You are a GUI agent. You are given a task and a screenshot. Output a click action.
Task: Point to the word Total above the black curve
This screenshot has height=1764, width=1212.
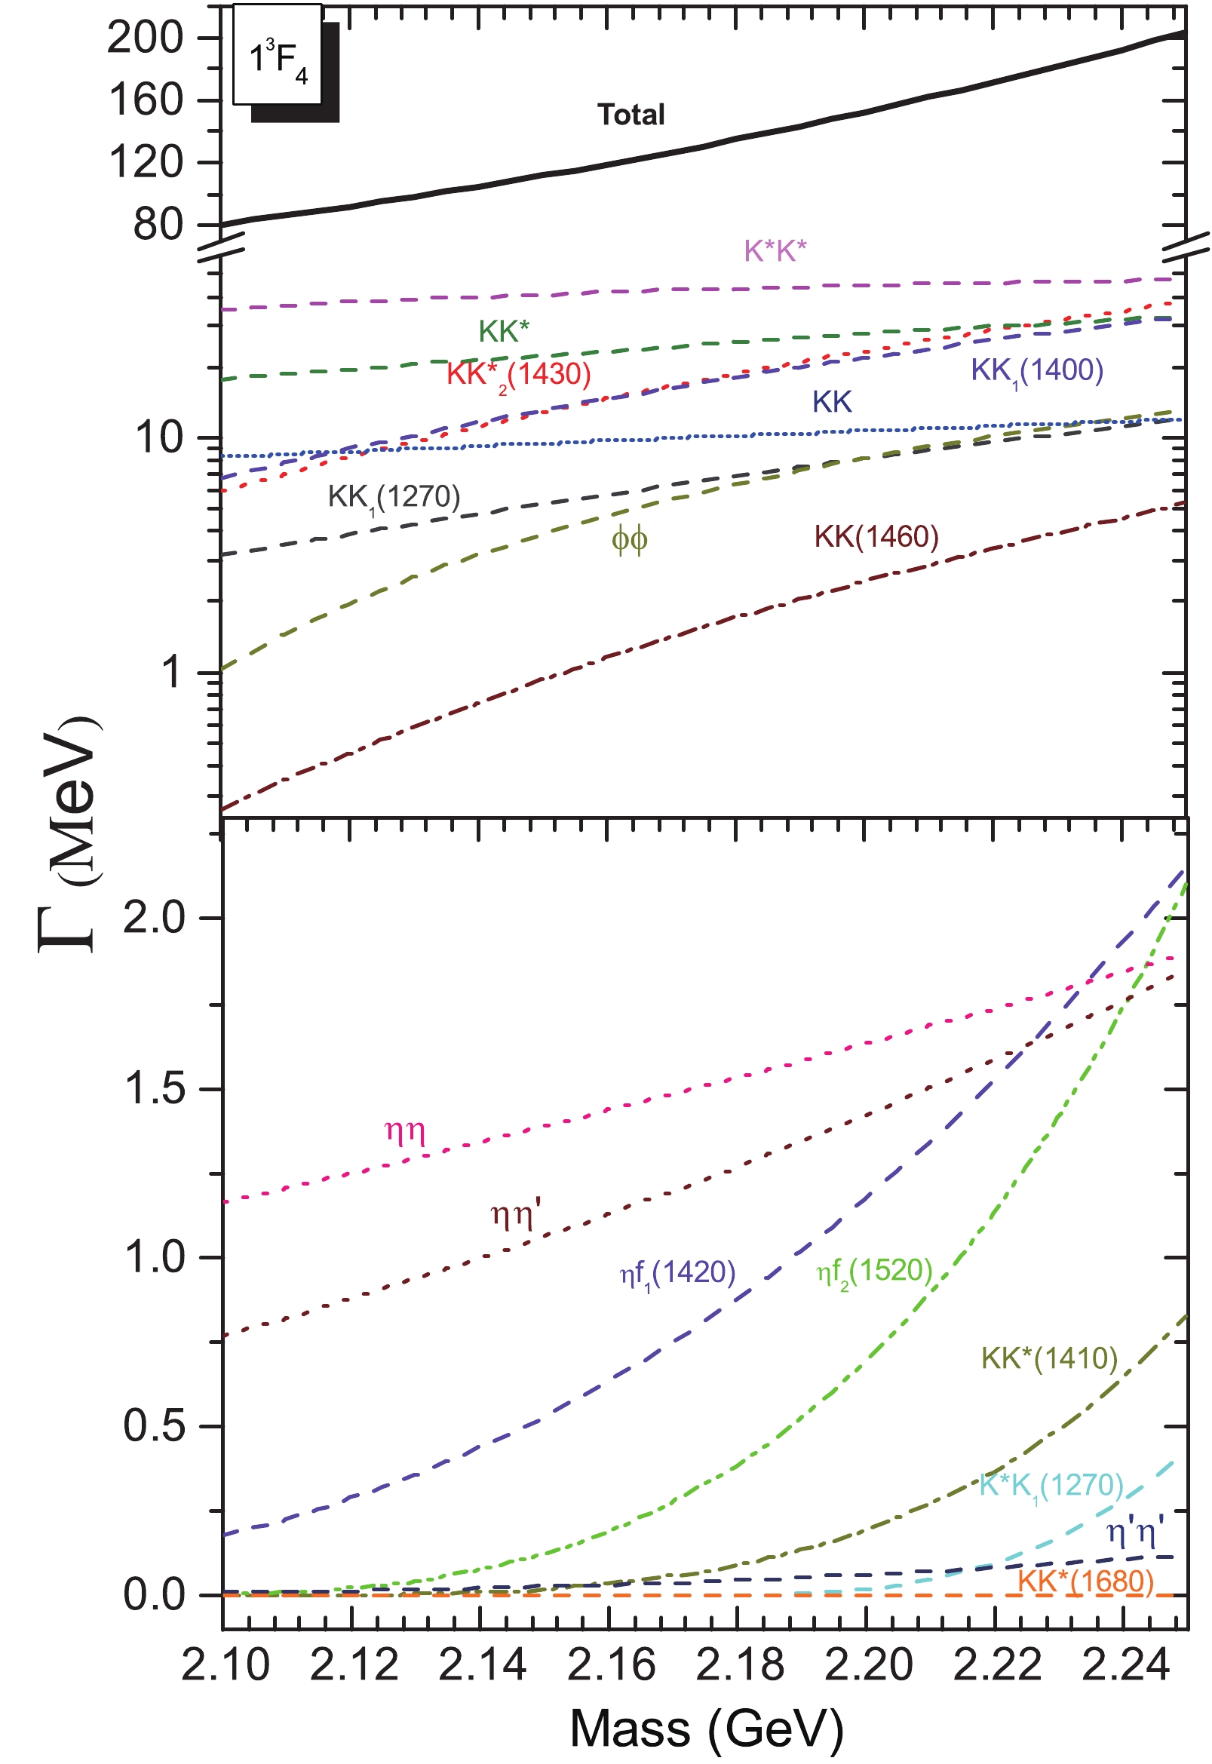(x=631, y=115)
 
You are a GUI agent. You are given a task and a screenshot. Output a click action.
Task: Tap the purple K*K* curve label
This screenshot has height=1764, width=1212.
(x=775, y=250)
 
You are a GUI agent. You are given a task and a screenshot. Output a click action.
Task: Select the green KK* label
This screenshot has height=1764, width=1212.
(x=504, y=332)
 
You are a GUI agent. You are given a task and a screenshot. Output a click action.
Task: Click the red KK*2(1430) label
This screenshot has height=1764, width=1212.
(x=519, y=374)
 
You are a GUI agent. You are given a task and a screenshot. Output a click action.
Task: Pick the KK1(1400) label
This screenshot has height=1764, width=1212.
(x=1036, y=370)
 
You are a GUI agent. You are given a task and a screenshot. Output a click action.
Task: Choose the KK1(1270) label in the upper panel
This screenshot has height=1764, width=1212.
(x=394, y=498)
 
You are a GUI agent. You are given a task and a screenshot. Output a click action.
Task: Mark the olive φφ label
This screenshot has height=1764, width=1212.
(x=630, y=540)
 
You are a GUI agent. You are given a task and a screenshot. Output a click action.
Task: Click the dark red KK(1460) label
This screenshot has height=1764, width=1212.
(x=876, y=537)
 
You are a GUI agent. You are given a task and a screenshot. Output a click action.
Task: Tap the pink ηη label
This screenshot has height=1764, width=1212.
(x=405, y=1133)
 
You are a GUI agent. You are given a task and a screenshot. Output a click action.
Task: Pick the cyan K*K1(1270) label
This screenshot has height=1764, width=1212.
(x=1051, y=1485)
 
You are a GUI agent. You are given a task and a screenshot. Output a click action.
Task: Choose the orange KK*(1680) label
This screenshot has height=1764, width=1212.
(x=1085, y=1581)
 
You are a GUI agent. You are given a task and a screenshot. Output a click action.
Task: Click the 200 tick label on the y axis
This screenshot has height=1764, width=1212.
(x=146, y=37)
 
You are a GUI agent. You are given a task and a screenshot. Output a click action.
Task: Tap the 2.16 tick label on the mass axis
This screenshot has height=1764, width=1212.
(x=611, y=1665)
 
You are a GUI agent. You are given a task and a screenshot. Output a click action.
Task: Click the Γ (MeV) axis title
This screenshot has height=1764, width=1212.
(x=70, y=836)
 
